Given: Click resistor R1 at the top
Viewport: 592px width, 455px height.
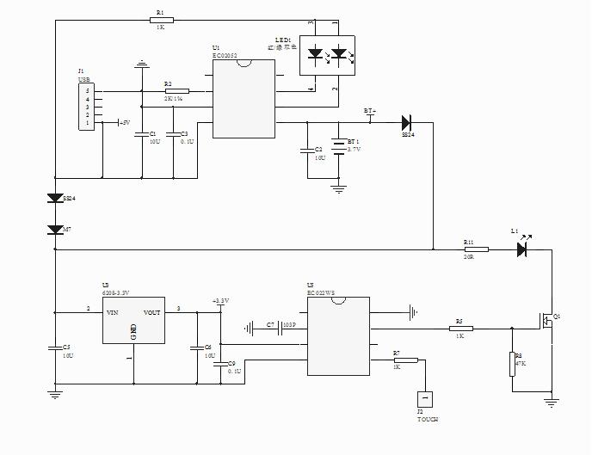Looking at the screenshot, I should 159,21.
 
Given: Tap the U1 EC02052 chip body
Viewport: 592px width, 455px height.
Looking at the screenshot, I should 244,99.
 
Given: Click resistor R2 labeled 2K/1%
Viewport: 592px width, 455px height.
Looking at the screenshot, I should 176,90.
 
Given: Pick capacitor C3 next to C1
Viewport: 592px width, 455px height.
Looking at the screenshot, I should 175,134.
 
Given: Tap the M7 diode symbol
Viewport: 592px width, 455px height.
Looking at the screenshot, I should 55,230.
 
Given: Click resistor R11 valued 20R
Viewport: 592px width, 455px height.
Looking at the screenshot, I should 476,249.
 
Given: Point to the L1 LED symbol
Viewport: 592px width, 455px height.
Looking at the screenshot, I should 521,249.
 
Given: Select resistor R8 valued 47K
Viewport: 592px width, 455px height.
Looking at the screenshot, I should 513,363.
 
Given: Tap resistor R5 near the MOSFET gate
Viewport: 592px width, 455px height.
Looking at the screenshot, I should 460,328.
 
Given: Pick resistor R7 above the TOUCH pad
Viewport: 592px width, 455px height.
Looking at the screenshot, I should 405,360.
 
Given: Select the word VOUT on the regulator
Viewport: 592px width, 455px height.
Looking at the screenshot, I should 152,312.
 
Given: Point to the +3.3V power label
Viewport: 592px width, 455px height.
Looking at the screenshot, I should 220,300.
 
